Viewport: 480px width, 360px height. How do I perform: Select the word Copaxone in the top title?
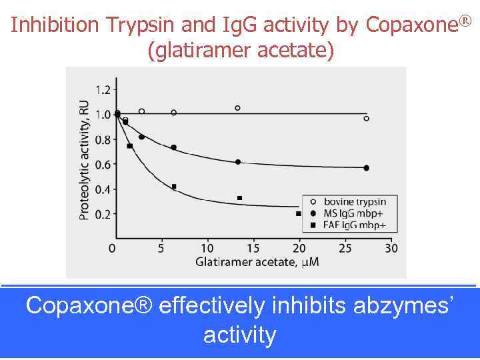point(407,25)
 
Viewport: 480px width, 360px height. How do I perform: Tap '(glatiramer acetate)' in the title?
point(240,50)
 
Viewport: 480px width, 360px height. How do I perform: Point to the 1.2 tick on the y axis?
point(103,89)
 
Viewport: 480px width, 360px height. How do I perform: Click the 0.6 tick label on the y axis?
point(103,165)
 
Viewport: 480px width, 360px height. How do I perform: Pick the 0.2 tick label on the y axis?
point(103,215)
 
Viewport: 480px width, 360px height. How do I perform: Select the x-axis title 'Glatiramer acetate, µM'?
point(257,262)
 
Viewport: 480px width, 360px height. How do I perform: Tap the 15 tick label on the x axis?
point(253,248)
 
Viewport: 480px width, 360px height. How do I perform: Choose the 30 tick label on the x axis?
point(392,248)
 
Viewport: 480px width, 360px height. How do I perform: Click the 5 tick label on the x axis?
point(161,248)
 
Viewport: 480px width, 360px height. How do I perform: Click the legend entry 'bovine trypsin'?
point(354,201)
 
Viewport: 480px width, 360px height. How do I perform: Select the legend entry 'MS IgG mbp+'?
point(353,213)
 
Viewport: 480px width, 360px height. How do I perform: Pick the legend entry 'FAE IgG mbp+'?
point(354,225)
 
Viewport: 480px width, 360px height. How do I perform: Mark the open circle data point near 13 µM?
point(237,107)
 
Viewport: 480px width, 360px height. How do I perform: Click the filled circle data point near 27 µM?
point(366,168)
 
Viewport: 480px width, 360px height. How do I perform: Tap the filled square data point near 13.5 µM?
point(239,198)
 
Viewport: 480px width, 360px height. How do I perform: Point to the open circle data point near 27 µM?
point(366,119)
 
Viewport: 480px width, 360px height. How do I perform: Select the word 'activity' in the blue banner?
point(239,335)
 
